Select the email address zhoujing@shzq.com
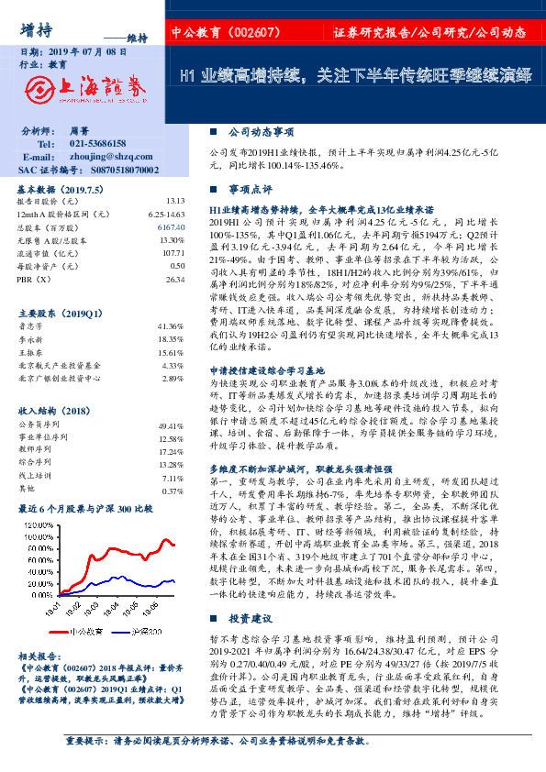106,158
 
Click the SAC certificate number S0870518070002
115,171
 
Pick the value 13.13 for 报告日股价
175,201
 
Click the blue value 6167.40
172,226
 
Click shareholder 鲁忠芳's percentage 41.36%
172,325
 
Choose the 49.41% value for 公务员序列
173,426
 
